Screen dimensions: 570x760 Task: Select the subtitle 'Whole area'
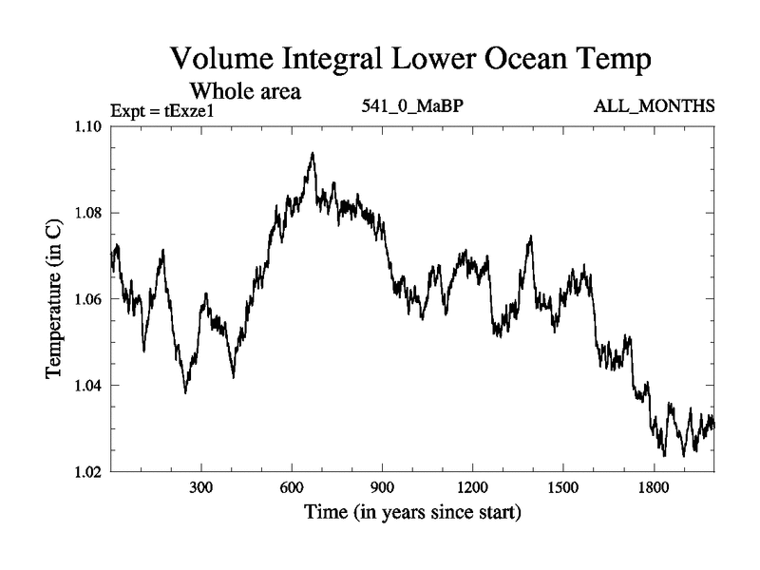(x=246, y=91)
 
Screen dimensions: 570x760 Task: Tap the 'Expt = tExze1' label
(x=163, y=109)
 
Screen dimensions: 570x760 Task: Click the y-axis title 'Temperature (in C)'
(x=54, y=299)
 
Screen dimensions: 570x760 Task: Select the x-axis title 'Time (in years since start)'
(x=412, y=514)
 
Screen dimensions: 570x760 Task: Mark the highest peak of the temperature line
(x=312, y=153)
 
